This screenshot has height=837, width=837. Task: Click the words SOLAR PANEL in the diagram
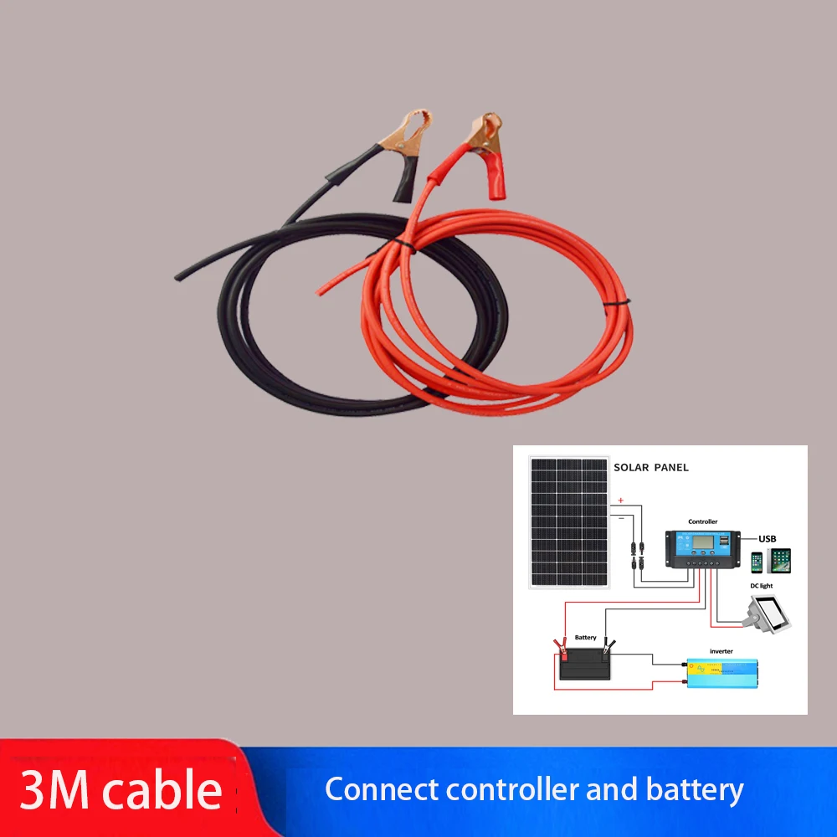point(651,467)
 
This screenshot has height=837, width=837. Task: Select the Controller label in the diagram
point(702,521)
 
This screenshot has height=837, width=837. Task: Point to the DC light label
point(763,587)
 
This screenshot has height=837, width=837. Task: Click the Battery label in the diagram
point(586,638)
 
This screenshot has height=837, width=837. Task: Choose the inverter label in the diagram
point(721,651)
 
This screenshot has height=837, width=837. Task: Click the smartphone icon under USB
point(757,561)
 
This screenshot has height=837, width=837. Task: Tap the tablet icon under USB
point(779,560)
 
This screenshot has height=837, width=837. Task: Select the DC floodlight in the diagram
point(769,614)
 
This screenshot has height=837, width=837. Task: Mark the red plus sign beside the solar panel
point(620,501)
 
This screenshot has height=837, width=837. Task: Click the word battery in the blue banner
point(694,789)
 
